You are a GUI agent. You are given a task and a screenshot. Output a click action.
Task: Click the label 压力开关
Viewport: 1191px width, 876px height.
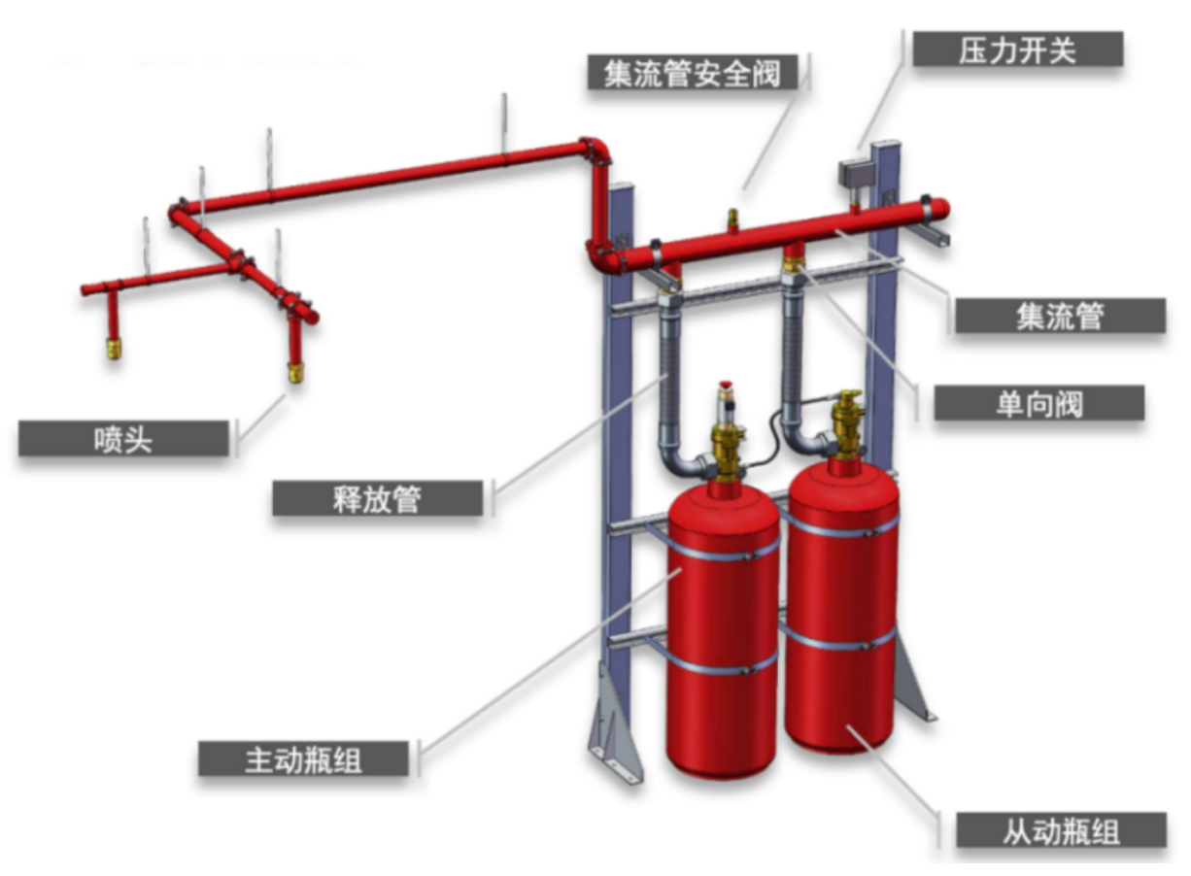(1017, 50)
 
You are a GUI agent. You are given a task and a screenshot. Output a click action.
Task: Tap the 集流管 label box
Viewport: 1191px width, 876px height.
(1059, 317)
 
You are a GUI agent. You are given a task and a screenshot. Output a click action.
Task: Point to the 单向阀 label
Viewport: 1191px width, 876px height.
(1038, 403)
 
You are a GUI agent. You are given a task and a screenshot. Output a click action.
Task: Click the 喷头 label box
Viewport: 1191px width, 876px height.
(124, 439)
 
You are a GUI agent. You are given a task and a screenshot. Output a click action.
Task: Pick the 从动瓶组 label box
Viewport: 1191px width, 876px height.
(1061, 830)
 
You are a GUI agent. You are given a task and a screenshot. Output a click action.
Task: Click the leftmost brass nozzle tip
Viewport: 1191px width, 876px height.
(115, 347)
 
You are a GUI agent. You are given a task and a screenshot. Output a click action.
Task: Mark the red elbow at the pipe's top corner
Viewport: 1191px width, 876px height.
(595, 151)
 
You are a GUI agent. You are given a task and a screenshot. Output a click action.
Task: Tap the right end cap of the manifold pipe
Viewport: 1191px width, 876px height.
(940, 209)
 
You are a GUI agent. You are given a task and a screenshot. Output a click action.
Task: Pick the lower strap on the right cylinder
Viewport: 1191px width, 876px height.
(841, 641)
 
